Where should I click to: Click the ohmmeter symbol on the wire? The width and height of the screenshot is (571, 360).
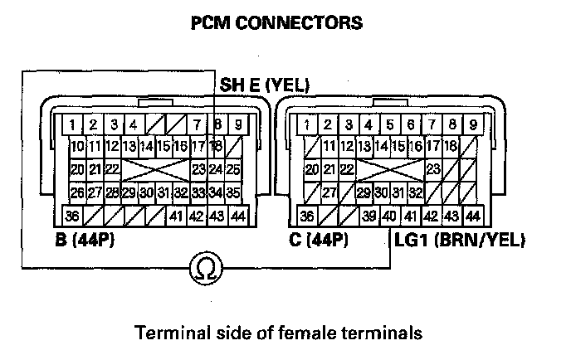click(203, 266)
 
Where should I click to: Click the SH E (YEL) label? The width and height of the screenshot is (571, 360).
click(264, 85)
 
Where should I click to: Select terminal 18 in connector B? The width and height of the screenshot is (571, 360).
click(217, 147)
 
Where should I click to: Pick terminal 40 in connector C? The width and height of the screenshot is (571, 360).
click(388, 216)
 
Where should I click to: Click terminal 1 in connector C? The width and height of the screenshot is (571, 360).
click(308, 126)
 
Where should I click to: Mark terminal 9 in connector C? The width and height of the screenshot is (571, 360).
click(472, 126)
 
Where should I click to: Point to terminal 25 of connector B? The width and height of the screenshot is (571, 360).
click(233, 170)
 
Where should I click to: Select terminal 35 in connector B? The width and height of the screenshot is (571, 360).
click(233, 193)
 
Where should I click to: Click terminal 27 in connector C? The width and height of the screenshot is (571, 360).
click(329, 193)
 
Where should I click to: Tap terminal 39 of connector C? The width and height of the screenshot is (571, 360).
click(368, 216)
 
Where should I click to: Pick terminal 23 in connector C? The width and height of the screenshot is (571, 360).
click(432, 170)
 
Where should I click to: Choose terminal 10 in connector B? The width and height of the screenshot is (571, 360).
click(77, 147)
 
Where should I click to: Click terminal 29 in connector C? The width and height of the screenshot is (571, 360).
click(363, 193)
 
